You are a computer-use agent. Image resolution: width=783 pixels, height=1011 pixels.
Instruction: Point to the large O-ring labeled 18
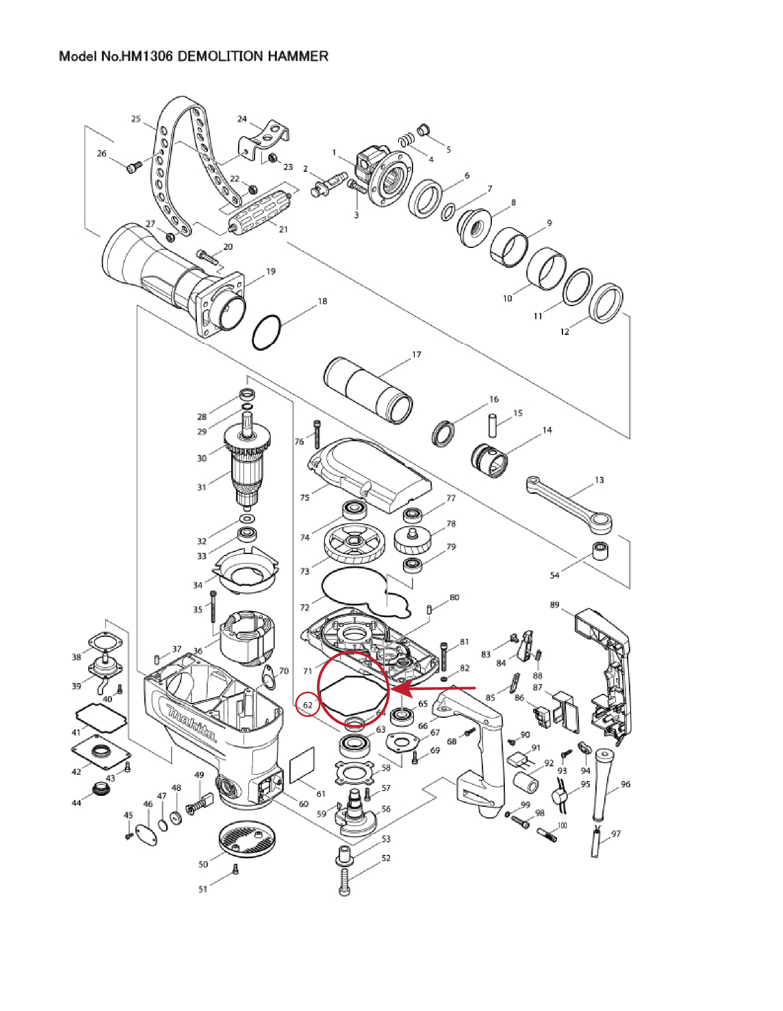(x=266, y=333)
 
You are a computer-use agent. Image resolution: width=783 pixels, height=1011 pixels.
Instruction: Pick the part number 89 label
(x=554, y=605)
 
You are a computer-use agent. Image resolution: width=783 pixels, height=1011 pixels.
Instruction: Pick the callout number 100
(x=562, y=825)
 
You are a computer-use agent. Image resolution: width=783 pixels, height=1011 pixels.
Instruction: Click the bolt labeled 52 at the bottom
(x=345, y=882)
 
